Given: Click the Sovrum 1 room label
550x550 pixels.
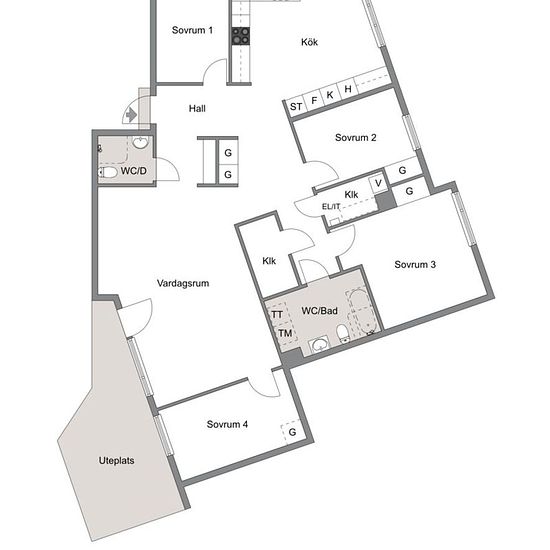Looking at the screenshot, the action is pos(192,30).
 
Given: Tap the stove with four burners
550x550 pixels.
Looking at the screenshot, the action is pos(241,36).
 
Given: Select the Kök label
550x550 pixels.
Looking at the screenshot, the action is pos(309,42).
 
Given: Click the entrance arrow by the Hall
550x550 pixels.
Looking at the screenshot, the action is pos(131,115).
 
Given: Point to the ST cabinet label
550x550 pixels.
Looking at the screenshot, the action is pos(296,106).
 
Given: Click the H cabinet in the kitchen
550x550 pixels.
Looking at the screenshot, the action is pos(348,89).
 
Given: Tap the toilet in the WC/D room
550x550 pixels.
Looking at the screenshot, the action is pos(108,172).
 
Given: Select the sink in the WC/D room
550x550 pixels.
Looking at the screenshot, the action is pos(140,142).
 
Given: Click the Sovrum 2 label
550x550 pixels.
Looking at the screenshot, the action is pos(355,138).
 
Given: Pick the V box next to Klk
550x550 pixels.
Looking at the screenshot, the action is pos(378,183).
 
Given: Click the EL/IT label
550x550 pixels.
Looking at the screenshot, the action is pos(331,207).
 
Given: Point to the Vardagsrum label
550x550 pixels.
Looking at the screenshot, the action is pos(183,283).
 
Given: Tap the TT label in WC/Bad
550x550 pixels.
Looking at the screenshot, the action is pos(277,315).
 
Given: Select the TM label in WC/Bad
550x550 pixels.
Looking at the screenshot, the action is pos(285,333).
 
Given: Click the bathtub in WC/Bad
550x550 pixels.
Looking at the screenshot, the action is pos(363,311).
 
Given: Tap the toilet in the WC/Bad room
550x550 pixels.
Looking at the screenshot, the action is pos(342,334).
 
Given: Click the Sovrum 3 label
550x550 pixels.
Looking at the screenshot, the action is pos(415,264).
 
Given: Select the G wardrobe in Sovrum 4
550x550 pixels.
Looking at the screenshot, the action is pos(292,432).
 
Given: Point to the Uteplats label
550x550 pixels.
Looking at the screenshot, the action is pos(116,461).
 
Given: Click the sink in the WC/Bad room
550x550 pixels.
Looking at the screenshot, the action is pos(320,345).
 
